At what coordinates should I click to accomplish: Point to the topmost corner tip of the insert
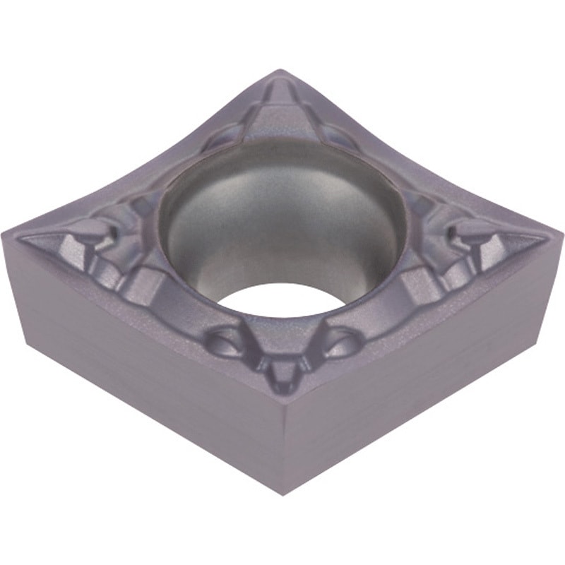280,71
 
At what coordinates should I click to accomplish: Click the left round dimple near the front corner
225,343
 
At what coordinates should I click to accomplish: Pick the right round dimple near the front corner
342,343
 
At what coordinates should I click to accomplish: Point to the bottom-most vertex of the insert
284,494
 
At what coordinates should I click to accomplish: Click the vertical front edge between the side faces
284,445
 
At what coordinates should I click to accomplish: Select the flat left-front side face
141,367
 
